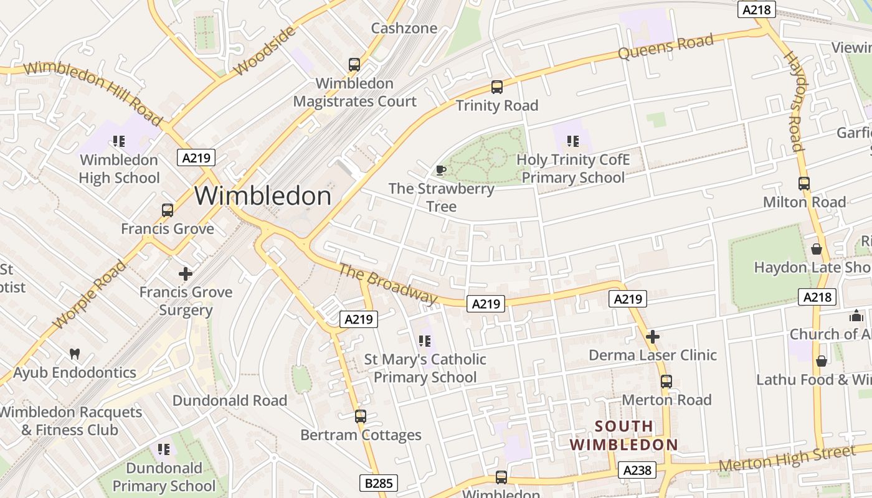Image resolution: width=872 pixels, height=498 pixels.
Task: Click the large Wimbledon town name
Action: (x=263, y=196)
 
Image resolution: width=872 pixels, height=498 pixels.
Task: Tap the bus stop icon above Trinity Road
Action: (x=496, y=87)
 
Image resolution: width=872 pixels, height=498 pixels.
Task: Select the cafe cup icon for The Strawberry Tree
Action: (x=441, y=170)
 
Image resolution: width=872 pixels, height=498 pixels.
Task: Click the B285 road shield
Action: (x=378, y=483)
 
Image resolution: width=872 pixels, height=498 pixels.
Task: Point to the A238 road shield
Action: (x=637, y=470)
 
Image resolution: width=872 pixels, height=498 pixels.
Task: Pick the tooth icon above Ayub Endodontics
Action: (x=75, y=354)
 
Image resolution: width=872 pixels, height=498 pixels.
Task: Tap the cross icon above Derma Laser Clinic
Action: (x=653, y=337)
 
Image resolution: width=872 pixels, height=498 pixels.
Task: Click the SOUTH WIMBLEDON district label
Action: (x=624, y=436)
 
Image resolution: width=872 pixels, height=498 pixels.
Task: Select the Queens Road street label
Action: (x=665, y=47)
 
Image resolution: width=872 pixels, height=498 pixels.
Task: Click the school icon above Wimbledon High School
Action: (x=119, y=141)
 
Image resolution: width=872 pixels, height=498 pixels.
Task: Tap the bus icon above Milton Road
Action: (x=804, y=184)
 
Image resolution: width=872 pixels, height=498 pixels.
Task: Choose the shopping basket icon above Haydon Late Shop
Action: (x=817, y=249)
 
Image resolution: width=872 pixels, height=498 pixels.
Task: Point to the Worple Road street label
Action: (x=90, y=294)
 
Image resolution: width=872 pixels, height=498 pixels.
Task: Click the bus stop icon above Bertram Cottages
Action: (x=360, y=416)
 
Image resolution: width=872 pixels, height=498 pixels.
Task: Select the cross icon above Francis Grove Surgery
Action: (x=186, y=273)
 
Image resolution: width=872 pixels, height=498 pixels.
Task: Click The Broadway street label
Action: (x=388, y=284)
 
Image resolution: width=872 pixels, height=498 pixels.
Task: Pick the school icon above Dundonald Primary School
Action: (x=164, y=449)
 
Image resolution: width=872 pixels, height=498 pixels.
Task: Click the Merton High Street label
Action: (x=787, y=459)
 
